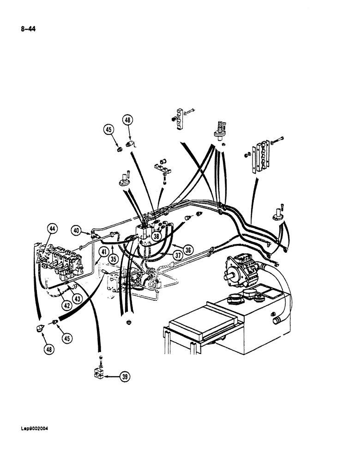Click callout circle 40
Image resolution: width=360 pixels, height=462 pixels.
tap(77, 230)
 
